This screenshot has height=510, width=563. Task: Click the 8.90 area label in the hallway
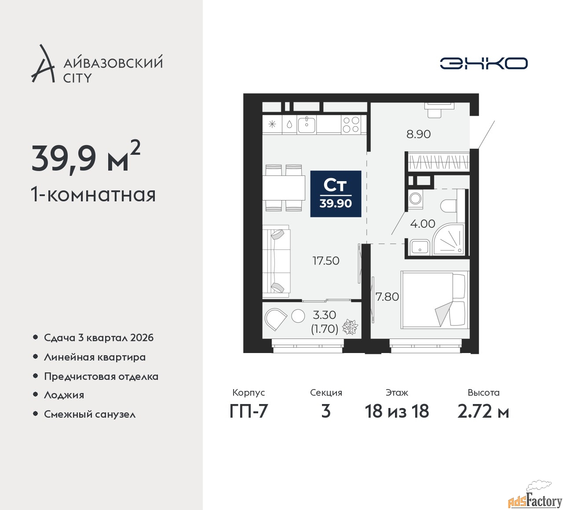(x=418, y=134)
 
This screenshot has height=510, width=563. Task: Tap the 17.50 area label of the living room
(x=326, y=261)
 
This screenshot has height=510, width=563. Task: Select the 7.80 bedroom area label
(x=388, y=297)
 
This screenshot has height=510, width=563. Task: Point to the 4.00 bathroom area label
(x=422, y=224)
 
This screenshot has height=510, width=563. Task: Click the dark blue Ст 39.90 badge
(x=336, y=194)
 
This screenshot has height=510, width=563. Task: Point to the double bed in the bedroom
(x=435, y=300)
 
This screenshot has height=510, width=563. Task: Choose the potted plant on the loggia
(x=350, y=327)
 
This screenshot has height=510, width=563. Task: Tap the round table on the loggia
(x=298, y=316)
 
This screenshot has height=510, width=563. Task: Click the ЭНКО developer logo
(x=483, y=63)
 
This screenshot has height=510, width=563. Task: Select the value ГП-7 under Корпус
(x=249, y=411)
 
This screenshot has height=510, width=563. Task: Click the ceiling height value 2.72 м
(x=483, y=411)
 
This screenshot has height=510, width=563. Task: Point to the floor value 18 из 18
(x=397, y=411)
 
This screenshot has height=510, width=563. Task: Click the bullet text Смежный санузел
(x=90, y=414)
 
